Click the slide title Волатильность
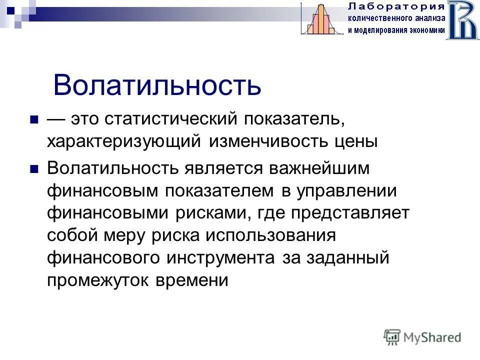pos(157,85)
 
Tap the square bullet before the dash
pos(34,120)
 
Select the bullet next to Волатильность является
pos(34,169)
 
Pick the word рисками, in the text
pos(213,213)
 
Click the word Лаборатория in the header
pos(395,6)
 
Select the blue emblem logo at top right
pos(462,19)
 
